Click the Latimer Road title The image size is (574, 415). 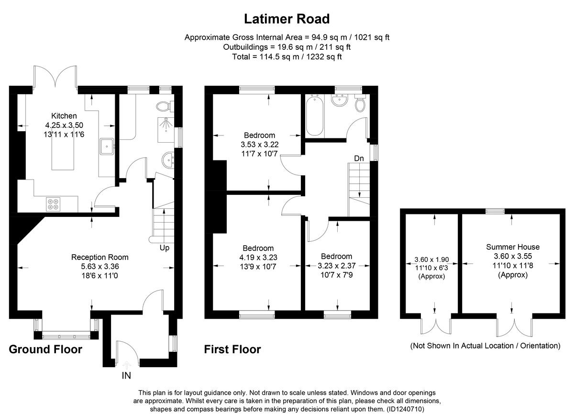pos(287,19)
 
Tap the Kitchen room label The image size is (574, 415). pos(64,116)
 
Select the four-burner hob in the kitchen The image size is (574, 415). pos(53,204)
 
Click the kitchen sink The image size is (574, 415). pos(107,146)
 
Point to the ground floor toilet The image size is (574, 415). pos(165,106)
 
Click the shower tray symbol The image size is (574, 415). pos(166,130)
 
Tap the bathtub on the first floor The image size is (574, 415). pos(314,115)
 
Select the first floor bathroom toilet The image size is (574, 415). pos(360,103)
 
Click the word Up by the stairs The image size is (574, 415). pos(165,248)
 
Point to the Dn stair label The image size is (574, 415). pos(359,158)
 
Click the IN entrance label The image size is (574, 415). pos(126,376)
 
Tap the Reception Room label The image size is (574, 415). pos(100,257)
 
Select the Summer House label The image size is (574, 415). pos(513,247)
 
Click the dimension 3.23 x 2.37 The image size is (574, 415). pos(336,266)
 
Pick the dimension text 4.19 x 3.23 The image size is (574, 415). pos(258,258)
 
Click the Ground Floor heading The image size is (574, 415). pos(45,349)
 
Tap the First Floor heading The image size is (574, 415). pos(232,349)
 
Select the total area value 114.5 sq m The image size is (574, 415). pos(279,56)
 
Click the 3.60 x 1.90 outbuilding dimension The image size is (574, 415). pos(432,259)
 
